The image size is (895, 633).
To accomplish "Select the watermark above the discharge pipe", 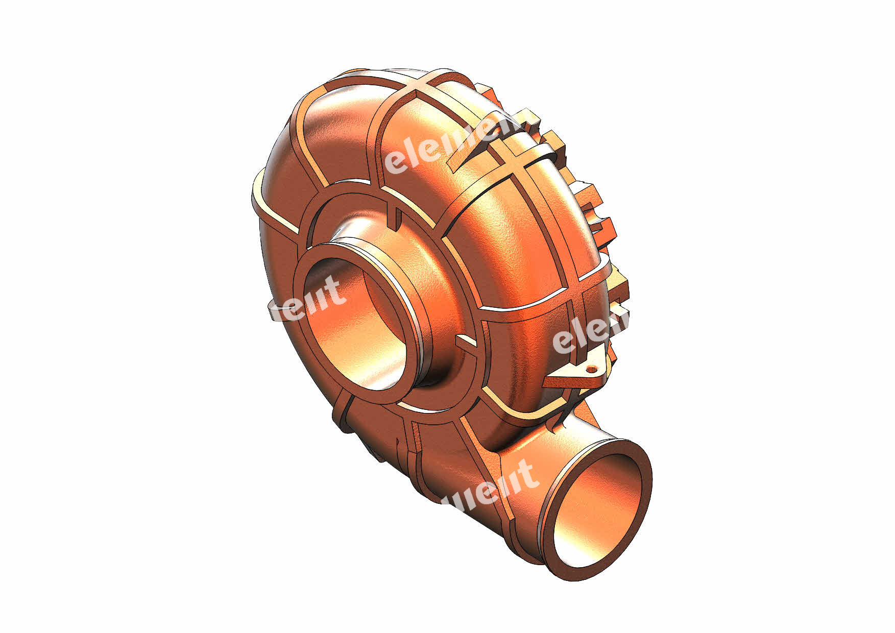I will click(x=490, y=485).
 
